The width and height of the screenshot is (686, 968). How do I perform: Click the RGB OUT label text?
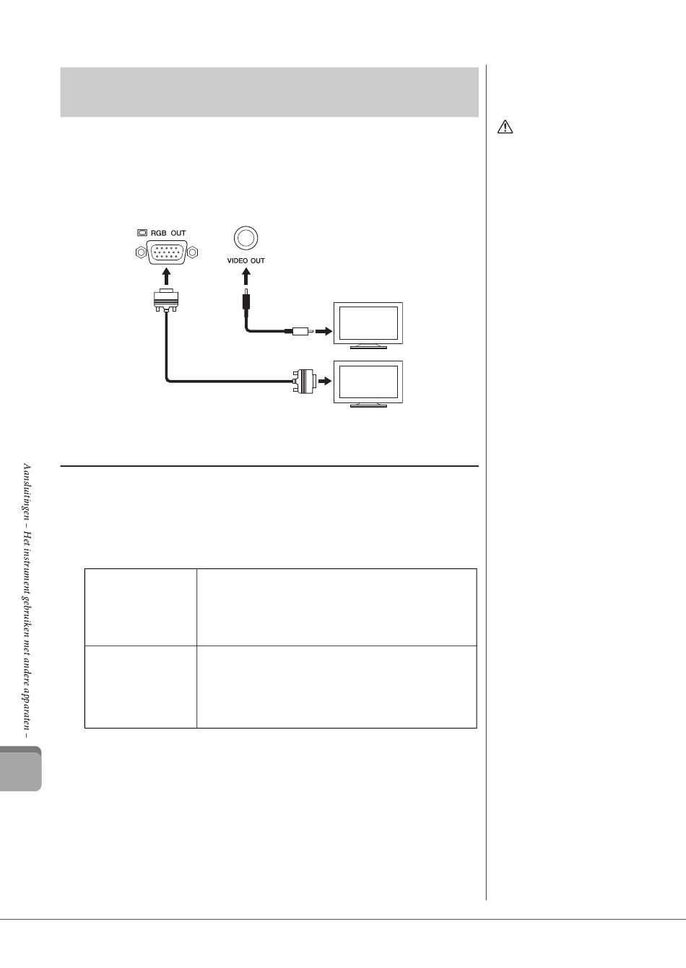[168, 233]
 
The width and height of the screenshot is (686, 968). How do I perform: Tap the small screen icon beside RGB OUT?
[142, 233]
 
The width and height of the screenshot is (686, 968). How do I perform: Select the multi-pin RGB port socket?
[167, 252]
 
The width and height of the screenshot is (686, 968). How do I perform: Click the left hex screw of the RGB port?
[141, 252]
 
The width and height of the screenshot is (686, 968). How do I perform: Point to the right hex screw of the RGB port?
[194, 252]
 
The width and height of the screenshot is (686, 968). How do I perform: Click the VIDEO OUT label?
[246, 260]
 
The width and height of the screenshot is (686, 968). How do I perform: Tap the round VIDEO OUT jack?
[246, 237]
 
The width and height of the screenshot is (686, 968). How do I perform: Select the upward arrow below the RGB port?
[167, 277]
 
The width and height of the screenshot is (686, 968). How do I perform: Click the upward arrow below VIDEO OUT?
[246, 277]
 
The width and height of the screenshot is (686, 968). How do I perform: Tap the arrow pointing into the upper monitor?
[324, 332]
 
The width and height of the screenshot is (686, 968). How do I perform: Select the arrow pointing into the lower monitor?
[324, 381]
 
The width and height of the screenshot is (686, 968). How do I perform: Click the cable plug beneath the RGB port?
[167, 299]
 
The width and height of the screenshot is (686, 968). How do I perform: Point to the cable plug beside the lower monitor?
[303, 381]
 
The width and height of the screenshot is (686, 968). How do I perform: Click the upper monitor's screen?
[368, 323]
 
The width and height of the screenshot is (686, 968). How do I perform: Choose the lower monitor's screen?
[368, 382]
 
